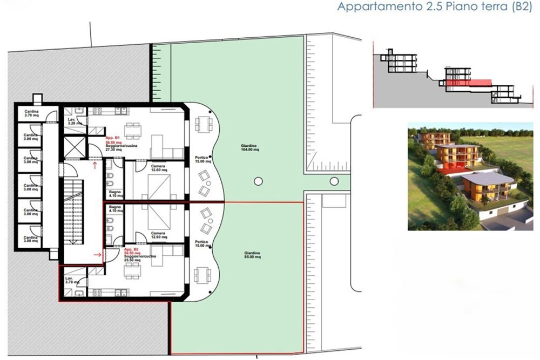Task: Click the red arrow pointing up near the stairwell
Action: pos(96,165)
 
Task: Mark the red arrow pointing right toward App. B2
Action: pos(98,253)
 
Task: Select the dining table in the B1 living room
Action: pos(133,130)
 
